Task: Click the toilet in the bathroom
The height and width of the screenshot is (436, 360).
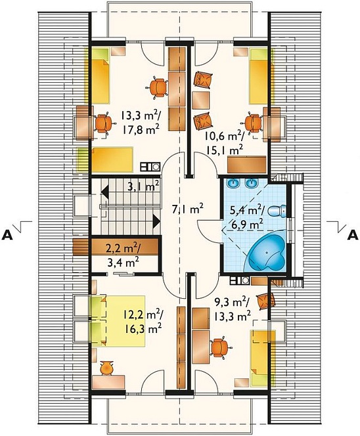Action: click(277, 211)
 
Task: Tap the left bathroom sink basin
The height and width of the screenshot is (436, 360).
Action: click(232, 183)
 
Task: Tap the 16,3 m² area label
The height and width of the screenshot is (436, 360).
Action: click(143, 329)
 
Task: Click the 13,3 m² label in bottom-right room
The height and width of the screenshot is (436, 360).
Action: click(232, 315)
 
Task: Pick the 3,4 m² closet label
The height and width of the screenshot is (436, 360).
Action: click(124, 262)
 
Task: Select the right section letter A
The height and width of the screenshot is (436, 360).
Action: click(353, 235)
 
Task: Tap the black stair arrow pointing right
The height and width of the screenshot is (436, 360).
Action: click(156, 222)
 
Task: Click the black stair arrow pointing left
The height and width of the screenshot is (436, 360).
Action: click(104, 192)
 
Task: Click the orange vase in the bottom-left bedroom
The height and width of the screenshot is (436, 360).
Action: click(107, 367)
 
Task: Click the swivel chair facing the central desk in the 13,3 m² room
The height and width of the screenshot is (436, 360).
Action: click(158, 88)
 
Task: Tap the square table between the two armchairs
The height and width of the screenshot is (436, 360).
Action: click(200, 100)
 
